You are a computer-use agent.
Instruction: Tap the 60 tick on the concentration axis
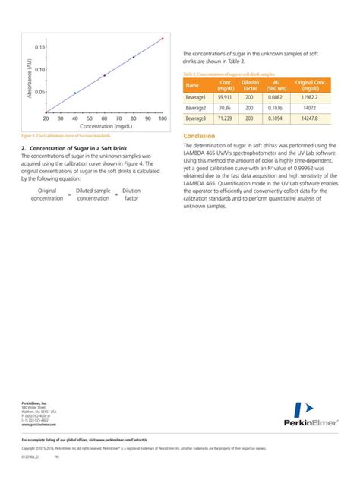tap(105, 119)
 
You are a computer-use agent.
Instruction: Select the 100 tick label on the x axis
tap(163, 119)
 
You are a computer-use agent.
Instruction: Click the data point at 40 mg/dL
tap(75, 93)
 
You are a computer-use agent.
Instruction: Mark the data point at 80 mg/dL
tap(134, 57)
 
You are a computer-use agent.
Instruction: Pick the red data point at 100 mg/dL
tap(163, 39)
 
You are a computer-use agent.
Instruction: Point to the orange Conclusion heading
tap(200, 136)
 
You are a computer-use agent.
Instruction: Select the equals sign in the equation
tap(69, 194)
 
